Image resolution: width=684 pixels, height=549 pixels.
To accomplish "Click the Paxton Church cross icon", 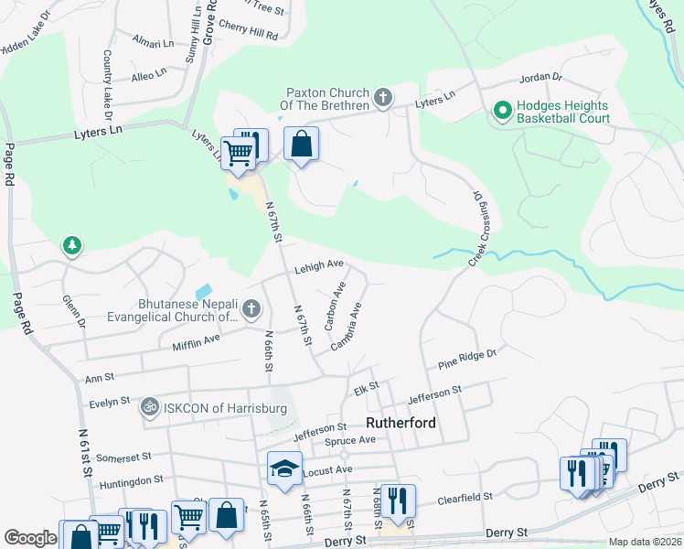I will coord(383,97).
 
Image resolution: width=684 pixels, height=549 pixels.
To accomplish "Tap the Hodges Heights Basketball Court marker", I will coord(502,111).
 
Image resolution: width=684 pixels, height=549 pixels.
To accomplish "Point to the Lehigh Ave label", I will coord(318,267).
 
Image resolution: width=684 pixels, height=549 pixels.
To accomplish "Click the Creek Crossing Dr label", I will coord(476,229).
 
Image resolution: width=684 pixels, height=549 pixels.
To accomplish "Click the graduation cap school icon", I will coord(284,468).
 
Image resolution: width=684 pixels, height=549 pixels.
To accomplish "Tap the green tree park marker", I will coord(71,246).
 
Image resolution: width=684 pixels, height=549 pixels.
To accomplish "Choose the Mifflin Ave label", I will coord(197,341).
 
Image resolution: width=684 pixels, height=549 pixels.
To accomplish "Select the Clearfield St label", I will coord(465,498).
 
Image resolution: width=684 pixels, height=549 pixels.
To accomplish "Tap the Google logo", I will coord(30,538).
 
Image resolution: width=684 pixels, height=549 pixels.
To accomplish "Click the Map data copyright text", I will coord(645,542).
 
